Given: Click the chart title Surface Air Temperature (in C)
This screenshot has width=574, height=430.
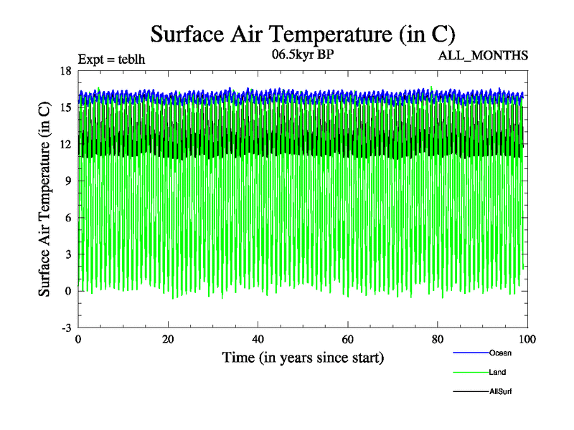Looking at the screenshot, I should tap(302, 34).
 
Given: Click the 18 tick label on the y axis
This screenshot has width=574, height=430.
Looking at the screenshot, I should tap(65, 70).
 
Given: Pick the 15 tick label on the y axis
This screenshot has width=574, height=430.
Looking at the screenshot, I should tap(65, 107).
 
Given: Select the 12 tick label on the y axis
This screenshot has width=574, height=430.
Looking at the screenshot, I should tap(65, 143).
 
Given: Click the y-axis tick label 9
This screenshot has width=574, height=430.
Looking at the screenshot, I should tap(67, 181).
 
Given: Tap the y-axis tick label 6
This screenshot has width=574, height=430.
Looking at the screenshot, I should tap(67, 217).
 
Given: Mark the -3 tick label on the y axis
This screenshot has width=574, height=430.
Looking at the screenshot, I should tap(65, 328).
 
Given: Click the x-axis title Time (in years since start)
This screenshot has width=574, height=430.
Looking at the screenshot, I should tap(302, 357).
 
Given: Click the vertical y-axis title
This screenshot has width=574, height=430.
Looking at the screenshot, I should tap(44, 199).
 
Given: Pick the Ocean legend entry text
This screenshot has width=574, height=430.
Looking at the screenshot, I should tap(500, 353).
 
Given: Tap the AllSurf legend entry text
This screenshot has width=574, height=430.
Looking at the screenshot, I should tap(501, 391).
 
